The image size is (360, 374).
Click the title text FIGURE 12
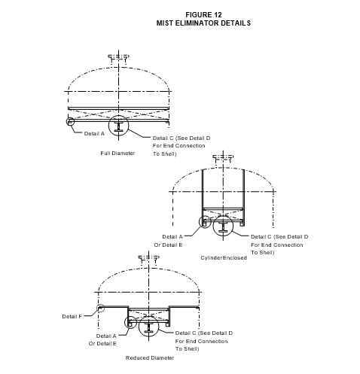click(203, 15)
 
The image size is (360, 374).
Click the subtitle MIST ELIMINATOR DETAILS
click(203, 23)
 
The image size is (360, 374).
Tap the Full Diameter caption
click(117, 154)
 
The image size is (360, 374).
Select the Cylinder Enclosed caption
click(224, 258)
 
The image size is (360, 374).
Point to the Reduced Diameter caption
click(150, 358)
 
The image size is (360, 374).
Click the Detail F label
click(72, 317)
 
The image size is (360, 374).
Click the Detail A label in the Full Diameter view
click(94, 134)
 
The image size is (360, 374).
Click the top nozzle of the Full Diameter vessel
click(118, 57)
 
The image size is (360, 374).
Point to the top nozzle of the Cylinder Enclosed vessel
click(223, 158)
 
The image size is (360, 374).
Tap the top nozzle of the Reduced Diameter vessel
click(149, 258)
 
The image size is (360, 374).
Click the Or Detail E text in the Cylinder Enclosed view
click(168, 245)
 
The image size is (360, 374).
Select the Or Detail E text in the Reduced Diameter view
click(102, 344)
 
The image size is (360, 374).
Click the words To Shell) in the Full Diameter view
click(165, 154)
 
